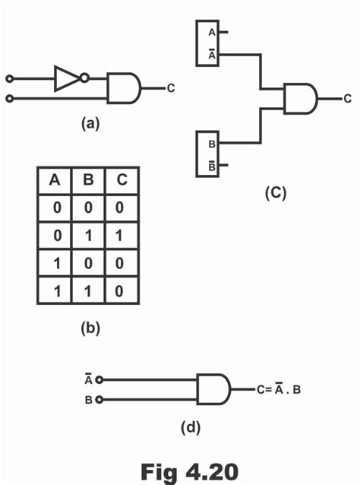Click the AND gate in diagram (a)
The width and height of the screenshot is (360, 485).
(122, 88)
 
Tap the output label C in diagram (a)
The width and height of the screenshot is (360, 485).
(171, 88)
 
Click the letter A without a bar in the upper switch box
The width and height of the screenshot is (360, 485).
(210, 32)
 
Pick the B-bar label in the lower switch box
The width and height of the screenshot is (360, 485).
(210, 165)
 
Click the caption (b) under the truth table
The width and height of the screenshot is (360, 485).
(90, 329)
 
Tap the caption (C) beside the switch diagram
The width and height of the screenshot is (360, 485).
(275, 193)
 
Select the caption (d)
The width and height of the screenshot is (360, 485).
(190, 427)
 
